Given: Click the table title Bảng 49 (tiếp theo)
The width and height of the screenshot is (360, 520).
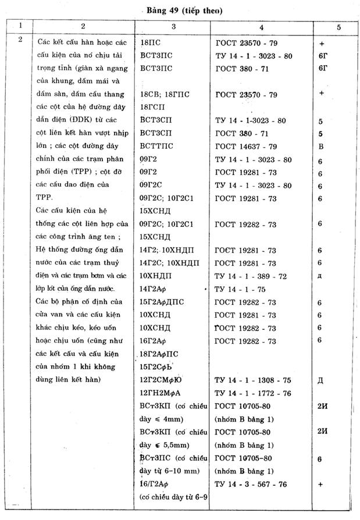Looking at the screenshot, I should point(181,10).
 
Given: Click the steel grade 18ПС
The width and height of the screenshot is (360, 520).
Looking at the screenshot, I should point(152,43).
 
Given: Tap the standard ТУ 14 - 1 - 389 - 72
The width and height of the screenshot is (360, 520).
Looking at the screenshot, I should point(251,276).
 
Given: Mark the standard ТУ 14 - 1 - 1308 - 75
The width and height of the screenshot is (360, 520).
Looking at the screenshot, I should point(254,380).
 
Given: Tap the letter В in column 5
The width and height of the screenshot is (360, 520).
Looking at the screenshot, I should point(320,146).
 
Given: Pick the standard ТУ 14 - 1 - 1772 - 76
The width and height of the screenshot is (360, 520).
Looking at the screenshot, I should point(254,393).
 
